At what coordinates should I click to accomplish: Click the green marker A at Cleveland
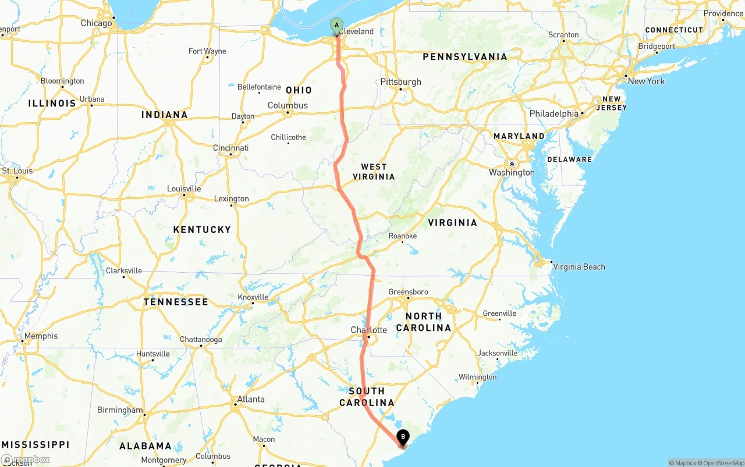pyautogui.click(x=336, y=26)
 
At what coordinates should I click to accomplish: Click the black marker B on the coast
pyautogui.click(x=403, y=437)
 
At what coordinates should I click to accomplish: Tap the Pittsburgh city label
pyautogui.click(x=400, y=82)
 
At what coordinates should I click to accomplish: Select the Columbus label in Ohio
pyautogui.click(x=288, y=105)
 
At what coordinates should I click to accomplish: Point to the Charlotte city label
pyautogui.click(x=368, y=330)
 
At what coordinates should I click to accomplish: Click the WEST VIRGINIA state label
pyautogui.click(x=374, y=172)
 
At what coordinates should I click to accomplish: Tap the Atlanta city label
pyautogui.click(x=250, y=399)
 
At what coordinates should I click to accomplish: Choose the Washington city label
pyautogui.click(x=512, y=172)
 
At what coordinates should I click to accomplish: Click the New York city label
pyautogui.click(x=645, y=81)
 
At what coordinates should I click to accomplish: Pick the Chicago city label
pyautogui.click(x=96, y=23)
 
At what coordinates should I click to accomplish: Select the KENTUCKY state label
pyautogui.click(x=202, y=230)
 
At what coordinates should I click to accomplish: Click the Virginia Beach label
pyautogui.click(x=579, y=267)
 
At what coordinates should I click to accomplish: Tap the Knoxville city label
pyautogui.click(x=253, y=297)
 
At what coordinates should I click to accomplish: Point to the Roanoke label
pyautogui.click(x=403, y=236)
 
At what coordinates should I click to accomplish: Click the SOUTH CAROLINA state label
pyautogui.click(x=367, y=397)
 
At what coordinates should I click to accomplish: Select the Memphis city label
pyautogui.click(x=41, y=336)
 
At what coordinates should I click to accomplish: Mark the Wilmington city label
pyautogui.click(x=477, y=377)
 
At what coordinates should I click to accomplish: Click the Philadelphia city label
pyautogui.click(x=554, y=114)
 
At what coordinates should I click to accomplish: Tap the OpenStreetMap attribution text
pyautogui.click(x=719, y=463)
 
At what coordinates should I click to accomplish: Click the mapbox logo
pyautogui.click(x=26, y=459)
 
